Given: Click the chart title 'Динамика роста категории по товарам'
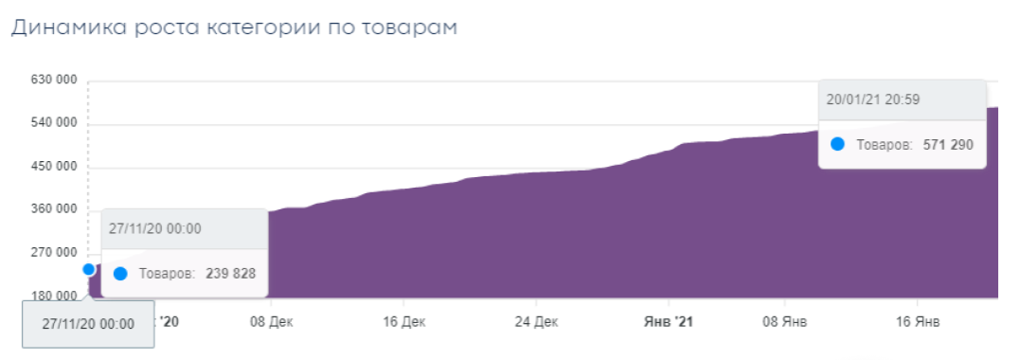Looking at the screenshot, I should (x=234, y=28).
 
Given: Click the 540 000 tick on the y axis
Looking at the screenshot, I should (x=53, y=124).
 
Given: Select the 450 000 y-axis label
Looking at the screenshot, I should (x=53, y=168).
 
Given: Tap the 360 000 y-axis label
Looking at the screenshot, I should (x=53, y=210).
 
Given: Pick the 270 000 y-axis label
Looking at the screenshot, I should (x=53, y=253).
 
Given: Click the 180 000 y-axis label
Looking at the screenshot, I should (x=53, y=297).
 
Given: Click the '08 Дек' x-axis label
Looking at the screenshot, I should (x=271, y=323).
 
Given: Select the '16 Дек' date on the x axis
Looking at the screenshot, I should (x=405, y=323).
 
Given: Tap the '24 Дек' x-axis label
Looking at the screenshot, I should (x=538, y=323).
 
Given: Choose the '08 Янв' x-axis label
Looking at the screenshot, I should (x=786, y=323).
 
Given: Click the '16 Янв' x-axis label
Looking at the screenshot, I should (x=918, y=323).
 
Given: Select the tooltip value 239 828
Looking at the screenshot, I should (x=231, y=274).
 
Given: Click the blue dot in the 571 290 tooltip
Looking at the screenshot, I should (x=837, y=145).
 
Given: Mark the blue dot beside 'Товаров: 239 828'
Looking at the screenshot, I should (x=120, y=274).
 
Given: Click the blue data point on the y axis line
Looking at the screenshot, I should (x=89, y=269).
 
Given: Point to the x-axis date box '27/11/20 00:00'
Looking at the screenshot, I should (x=88, y=324).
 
